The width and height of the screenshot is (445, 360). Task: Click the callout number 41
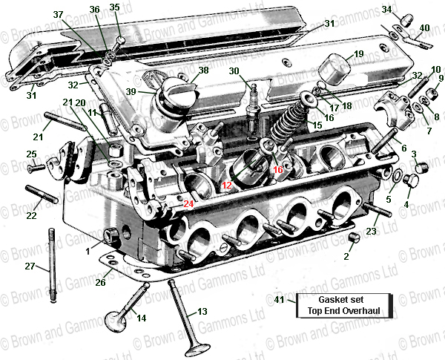(279, 300)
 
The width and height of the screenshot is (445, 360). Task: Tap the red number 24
(189, 203)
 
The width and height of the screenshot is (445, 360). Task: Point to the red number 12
(227, 185)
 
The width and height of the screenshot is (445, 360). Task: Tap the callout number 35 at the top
(113, 7)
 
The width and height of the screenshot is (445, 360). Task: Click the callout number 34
(386, 10)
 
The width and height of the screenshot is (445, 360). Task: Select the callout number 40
(424, 28)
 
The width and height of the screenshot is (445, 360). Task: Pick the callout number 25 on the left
(30, 154)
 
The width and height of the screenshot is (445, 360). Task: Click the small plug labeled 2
(354, 238)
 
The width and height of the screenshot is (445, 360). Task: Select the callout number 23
(372, 232)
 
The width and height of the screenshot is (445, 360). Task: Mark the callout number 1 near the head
(87, 241)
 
